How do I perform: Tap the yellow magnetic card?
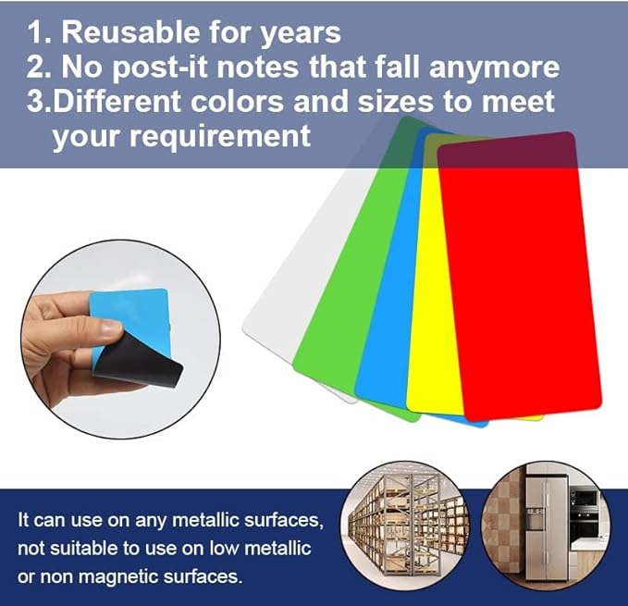tap(425, 305)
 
